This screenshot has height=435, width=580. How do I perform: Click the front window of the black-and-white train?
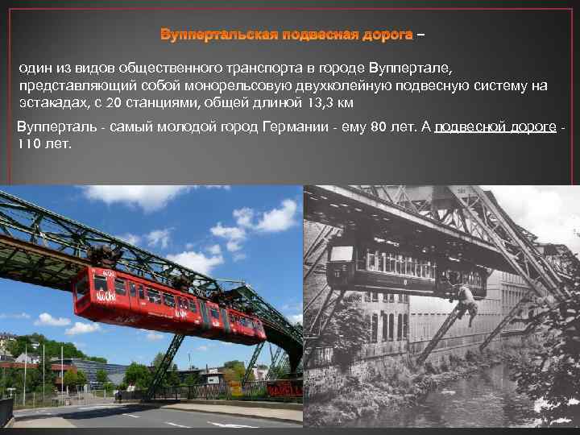pyautogui.click(x=342, y=257)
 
